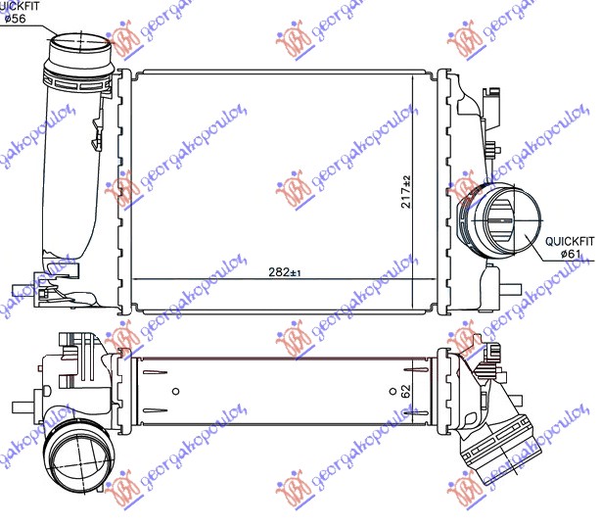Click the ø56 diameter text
click(14, 20)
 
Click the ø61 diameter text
click(571, 254)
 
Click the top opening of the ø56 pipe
click(76, 45)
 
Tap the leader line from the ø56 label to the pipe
click(39, 24)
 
